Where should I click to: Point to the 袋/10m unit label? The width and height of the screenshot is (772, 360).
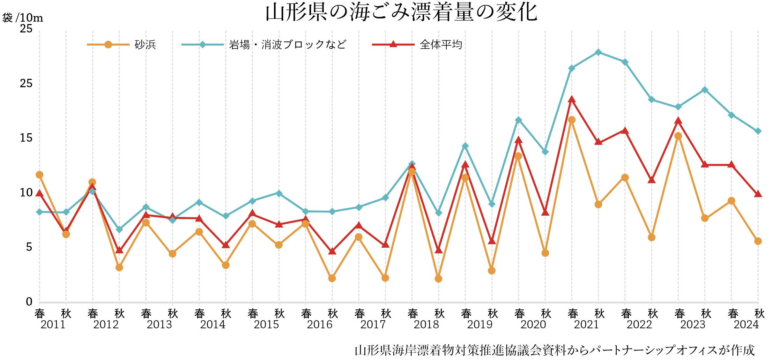pyautogui.click(x=23, y=17)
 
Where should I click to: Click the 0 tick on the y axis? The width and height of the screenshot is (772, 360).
pyautogui.click(x=29, y=302)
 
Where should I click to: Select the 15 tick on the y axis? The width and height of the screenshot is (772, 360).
pyautogui.click(x=26, y=138)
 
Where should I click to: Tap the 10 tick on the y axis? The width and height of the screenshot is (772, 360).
pyautogui.click(x=26, y=193)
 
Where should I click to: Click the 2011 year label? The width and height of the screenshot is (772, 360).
pyautogui.click(x=53, y=325)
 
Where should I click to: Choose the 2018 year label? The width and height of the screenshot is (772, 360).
pyautogui.click(x=426, y=325)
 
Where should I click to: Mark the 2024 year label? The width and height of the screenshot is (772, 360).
pyautogui.click(x=746, y=325)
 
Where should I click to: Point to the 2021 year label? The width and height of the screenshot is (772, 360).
pyautogui.click(x=586, y=325)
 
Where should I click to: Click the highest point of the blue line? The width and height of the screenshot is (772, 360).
pyautogui.click(x=598, y=52)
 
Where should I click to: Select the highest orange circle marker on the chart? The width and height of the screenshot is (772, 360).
pyautogui.click(x=572, y=120)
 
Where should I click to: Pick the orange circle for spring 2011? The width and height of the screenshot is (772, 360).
pyautogui.click(x=39, y=175)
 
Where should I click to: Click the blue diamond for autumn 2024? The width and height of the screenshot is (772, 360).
pyautogui.click(x=758, y=131)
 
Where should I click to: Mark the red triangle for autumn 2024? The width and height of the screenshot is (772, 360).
pyautogui.click(x=758, y=194)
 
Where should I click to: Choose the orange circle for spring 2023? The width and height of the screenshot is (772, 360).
pyautogui.click(x=678, y=136)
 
